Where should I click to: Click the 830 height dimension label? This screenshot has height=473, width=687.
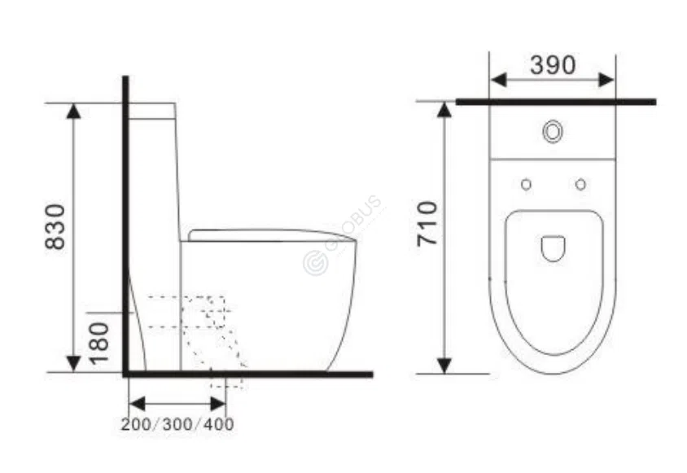pos(55,227)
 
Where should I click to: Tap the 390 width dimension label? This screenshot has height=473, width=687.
pos(553,65)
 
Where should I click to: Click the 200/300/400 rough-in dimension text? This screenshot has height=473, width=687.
pos(177,424)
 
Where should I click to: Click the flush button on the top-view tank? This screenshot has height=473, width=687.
pos(553,131)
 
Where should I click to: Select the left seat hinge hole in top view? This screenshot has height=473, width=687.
pos(526,185)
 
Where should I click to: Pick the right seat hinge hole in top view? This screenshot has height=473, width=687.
pos(580,185)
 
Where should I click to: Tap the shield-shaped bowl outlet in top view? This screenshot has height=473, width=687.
pos(554,248)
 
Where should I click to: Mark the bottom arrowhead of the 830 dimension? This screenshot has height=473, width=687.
pos(74,364)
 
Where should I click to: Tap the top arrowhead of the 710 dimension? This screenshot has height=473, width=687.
pos(444,110)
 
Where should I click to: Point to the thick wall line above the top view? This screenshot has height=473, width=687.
pos(556,102)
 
